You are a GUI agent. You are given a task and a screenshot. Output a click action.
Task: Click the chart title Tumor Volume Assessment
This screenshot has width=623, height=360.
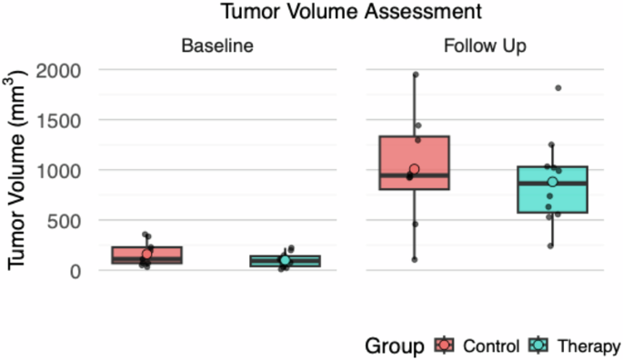click(x=337, y=13)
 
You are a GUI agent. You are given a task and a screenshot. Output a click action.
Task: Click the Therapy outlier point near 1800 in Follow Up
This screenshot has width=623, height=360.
click(x=558, y=88)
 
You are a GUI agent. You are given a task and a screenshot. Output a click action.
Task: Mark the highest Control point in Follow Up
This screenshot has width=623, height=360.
click(x=415, y=75)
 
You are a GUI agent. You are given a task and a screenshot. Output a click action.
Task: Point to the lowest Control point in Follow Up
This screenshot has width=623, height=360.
click(x=415, y=260)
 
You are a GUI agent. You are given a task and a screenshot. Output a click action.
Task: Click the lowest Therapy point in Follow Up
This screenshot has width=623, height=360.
click(x=551, y=245)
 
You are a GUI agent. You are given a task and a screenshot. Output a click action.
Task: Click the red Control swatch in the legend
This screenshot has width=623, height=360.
click(x=444, y=345)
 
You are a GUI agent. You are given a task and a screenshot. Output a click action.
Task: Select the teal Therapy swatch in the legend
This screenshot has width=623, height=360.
click(x=538, y=345)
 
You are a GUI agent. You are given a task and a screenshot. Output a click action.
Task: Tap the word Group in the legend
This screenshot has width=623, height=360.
click(x=397, y=345)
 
